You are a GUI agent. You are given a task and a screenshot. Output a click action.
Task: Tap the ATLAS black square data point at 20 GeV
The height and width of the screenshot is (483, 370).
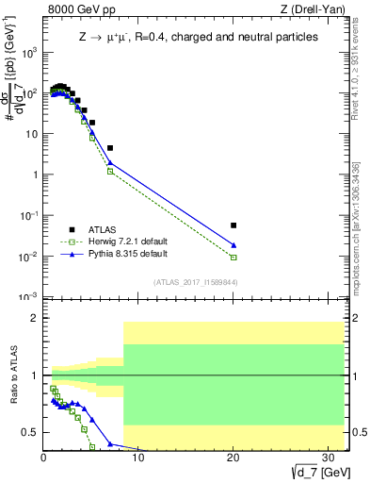click(x=233, y=225)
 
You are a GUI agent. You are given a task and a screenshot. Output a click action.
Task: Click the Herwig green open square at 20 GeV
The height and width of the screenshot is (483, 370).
click(x=233, y=257)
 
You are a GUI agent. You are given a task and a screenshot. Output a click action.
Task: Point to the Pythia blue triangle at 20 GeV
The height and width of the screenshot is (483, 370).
click(x=233, y=245)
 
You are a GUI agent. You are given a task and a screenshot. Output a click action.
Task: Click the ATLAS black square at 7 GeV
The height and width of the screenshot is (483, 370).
click(x=110, y=148)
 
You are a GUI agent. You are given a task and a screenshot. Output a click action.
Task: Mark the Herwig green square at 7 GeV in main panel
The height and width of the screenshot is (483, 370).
click(x=110, y=172)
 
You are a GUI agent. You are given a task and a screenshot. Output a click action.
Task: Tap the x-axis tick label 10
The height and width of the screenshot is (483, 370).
click(x=138, y=458)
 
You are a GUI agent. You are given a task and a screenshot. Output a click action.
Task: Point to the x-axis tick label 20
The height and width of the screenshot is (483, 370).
click(x=233, y=458)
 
